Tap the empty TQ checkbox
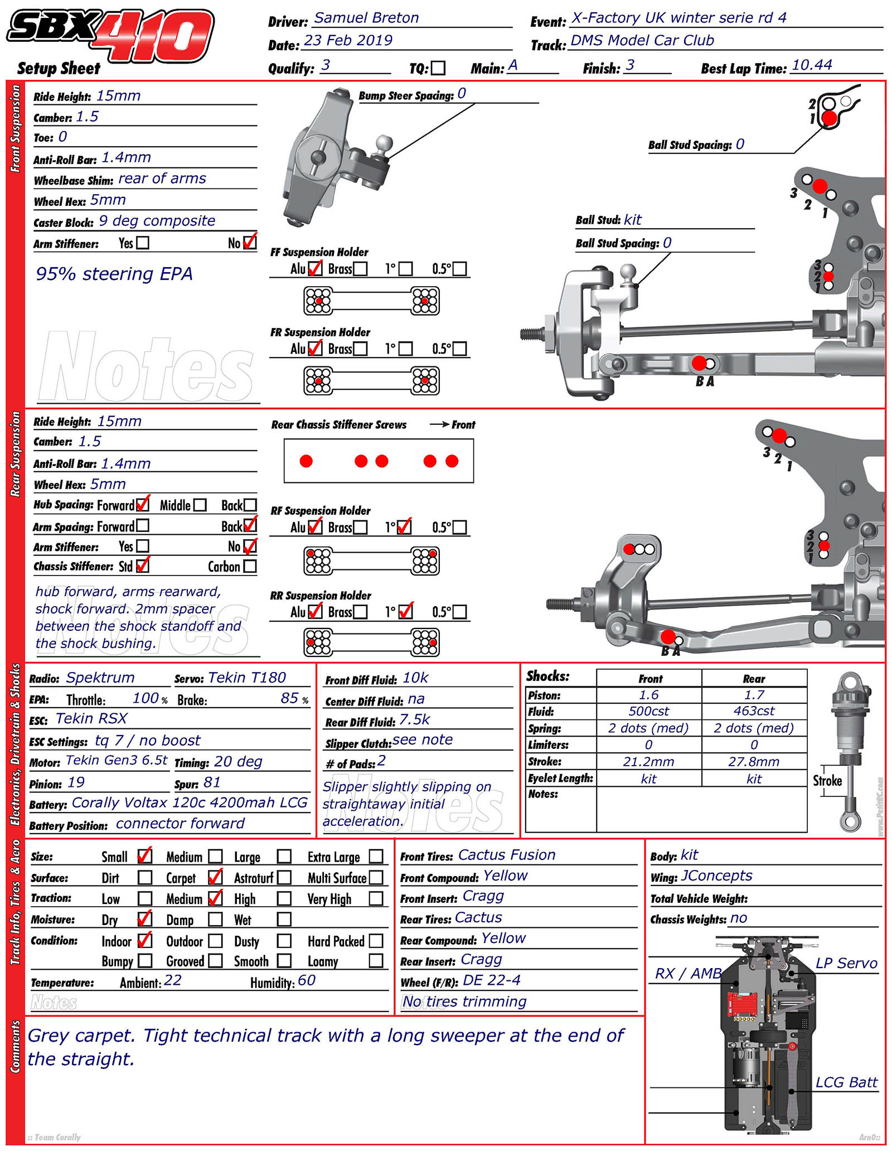click(438, 68)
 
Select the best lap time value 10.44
click(812, 65)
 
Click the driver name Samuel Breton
click(366, 18)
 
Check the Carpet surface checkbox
click(215, 878)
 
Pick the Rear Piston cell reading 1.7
click(754, 695)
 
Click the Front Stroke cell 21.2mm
click(648, 762)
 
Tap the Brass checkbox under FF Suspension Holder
click(360, 269)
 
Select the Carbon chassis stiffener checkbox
click(250, 567)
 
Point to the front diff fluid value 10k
click(415, 678)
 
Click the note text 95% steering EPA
click(114, 274)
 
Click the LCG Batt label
click(846, 1083)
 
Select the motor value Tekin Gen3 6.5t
click(117, 761)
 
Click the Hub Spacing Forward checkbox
click(143, 505)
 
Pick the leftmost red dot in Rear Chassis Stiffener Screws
click(306, 461)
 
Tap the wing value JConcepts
click(716, 876)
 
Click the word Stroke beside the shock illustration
click(827, 781)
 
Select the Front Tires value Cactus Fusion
click(507, 855)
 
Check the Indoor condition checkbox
click(144, 941)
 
